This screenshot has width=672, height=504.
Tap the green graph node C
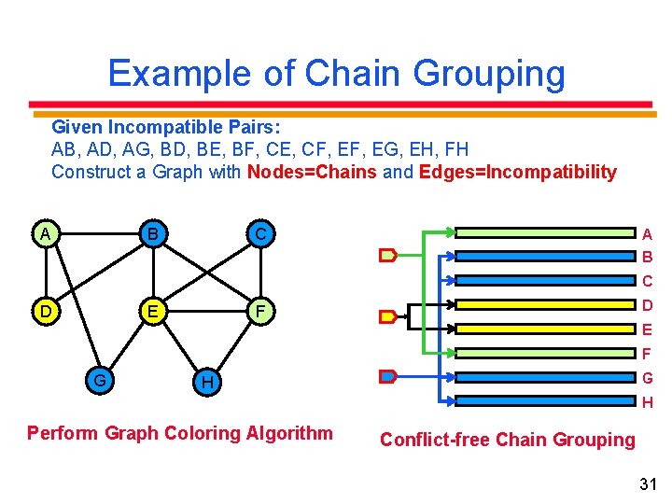coord(261,233)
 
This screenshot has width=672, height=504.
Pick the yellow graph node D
coord(45,309)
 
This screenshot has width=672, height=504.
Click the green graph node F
coord(261,309)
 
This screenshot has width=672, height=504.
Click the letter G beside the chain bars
coord(647,379)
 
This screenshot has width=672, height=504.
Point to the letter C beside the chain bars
coord(647,281)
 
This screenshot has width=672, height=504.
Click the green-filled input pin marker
coord(387,254)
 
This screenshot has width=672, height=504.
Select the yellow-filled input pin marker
coord(386,315)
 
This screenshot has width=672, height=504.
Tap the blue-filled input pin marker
coord(387,377)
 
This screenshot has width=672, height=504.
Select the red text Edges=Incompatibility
coord(518,172)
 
